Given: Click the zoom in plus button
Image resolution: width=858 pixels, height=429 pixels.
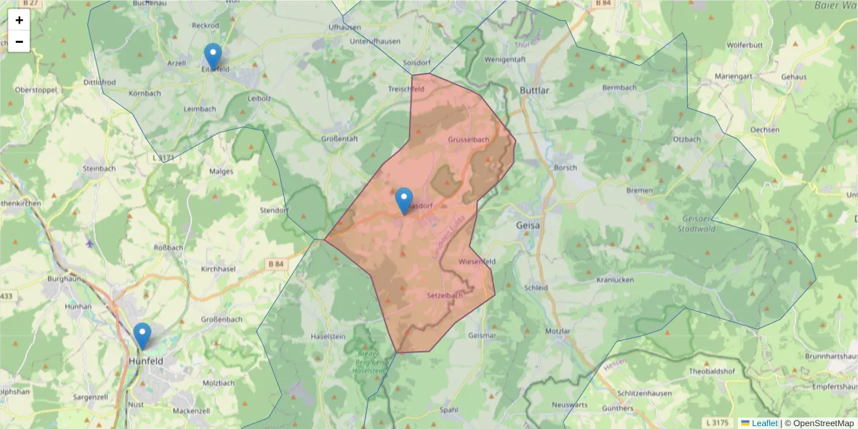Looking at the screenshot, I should (19, 20).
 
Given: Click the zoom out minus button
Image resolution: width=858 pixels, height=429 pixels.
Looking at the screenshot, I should (19, 41).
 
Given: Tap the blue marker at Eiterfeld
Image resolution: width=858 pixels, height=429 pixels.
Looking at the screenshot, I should (212, 56).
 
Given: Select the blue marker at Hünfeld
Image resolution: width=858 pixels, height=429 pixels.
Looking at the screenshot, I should (142, 335).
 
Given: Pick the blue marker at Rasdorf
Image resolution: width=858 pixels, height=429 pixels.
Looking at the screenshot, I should (404, 200).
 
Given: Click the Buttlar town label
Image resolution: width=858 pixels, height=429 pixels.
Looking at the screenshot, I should (536, 91).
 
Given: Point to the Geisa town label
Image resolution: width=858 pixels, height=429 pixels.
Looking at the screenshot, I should (528, 225).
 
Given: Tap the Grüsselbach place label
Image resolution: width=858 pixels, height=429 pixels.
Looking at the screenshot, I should (468, 139).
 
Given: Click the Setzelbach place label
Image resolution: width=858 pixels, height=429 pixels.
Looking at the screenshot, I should (445, 295).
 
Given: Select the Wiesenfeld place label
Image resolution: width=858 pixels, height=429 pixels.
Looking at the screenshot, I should (478, 261).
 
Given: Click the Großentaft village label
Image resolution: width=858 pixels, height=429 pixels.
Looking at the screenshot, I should (340, 138).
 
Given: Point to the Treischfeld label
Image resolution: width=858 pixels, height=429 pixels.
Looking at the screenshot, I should (406, 89).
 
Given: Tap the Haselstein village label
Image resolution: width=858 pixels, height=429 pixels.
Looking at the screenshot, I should (329, 336).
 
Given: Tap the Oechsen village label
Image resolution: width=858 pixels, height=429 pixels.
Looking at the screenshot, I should (765, 129).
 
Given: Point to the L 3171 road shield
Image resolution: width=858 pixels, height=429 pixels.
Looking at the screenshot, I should (164, 157).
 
